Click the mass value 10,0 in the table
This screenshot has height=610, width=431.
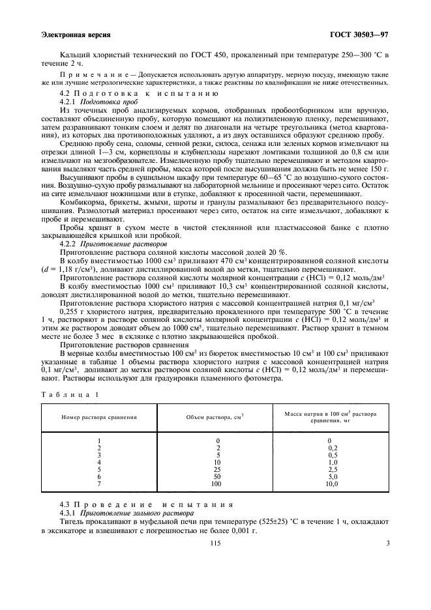coord(332,484)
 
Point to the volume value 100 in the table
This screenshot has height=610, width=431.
coord(218,484)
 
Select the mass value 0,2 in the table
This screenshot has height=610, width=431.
coord(332,448)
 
